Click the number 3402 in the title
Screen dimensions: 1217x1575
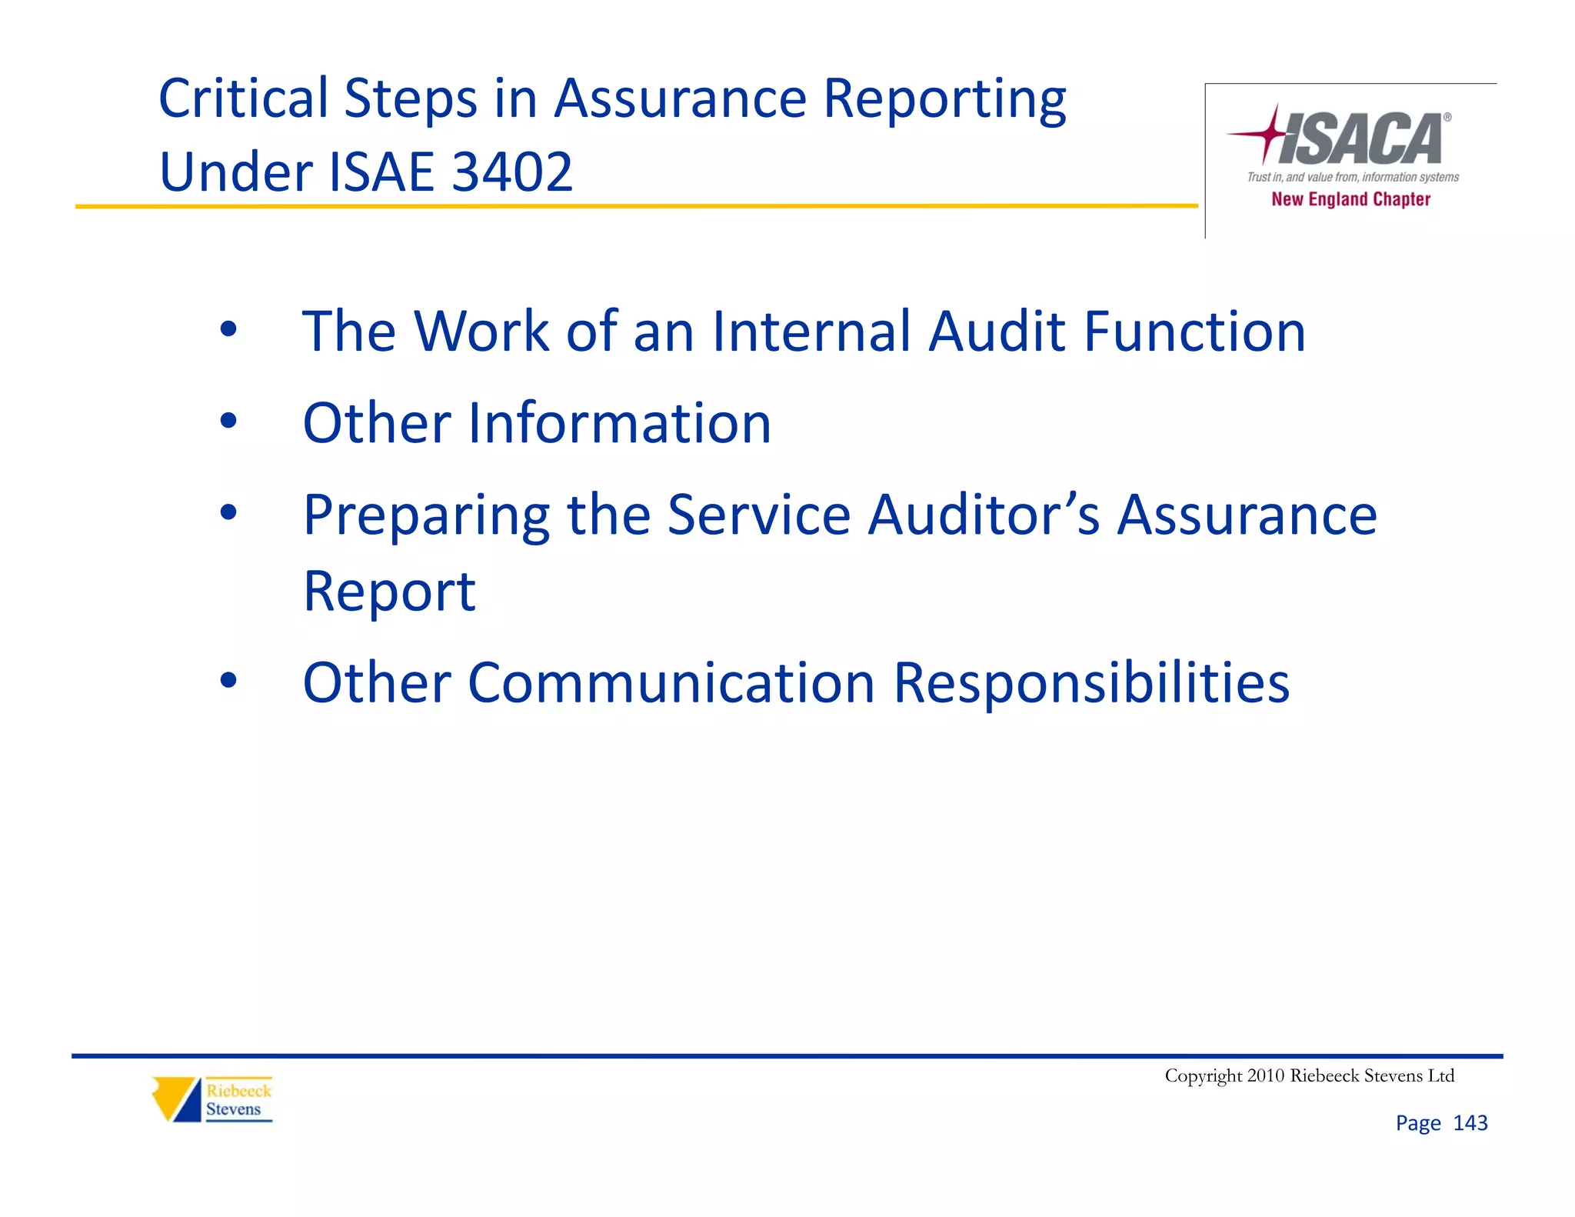[x=512, y=172]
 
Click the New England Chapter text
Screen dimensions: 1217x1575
[x=1350, y=199]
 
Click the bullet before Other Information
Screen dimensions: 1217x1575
[x=228, y=421]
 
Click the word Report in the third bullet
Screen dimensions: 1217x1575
[x=389, y=592]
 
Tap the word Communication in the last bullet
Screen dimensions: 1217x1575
[x=671, y=683]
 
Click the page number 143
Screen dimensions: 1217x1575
[x=1470, y=1123]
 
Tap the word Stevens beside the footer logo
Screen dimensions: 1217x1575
[x=233, y=1109]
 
